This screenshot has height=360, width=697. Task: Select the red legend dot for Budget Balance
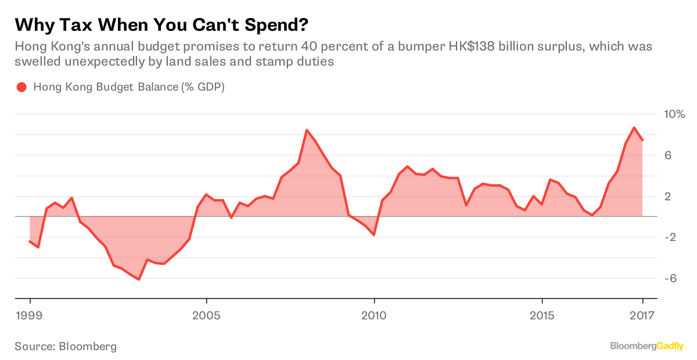[21, 88]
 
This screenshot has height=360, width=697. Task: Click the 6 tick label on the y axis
[668, 155]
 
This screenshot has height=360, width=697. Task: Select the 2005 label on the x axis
[206, 316]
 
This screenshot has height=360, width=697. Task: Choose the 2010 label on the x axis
[374, 316]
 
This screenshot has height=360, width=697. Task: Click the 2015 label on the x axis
[542, 316]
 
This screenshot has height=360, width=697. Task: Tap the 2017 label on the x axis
[642, 316]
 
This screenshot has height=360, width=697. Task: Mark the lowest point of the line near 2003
[139, 279]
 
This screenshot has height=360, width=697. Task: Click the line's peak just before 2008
[307, 130]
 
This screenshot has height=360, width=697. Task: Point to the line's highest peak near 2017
[634, 128]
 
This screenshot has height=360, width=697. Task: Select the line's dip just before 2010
[374, 235]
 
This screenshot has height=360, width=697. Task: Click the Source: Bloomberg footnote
[66, 347]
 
